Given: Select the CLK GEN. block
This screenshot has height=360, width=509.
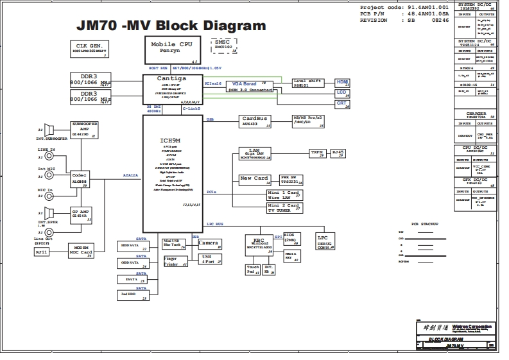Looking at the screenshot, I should coord(90,49).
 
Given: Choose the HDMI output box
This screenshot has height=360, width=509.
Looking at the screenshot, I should coord(343,83).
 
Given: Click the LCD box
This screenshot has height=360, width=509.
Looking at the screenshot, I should coord(343,93).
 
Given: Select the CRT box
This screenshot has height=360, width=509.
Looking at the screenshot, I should coord(343,104).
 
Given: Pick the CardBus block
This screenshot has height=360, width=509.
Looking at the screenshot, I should coord(255,121).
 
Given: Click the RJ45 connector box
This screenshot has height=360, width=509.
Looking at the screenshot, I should coord(338,153).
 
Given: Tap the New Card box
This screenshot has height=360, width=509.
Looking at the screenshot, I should coord(254,179).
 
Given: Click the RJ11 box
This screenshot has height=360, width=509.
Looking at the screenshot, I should coord(41,252).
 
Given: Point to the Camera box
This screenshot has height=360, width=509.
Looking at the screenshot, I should coord(210,244).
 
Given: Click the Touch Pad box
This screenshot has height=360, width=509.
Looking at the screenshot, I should coord(253,270).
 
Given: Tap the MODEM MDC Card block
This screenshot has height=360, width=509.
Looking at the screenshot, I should coord(81,250).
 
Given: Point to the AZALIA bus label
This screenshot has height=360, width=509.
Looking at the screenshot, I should coord(131,175).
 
